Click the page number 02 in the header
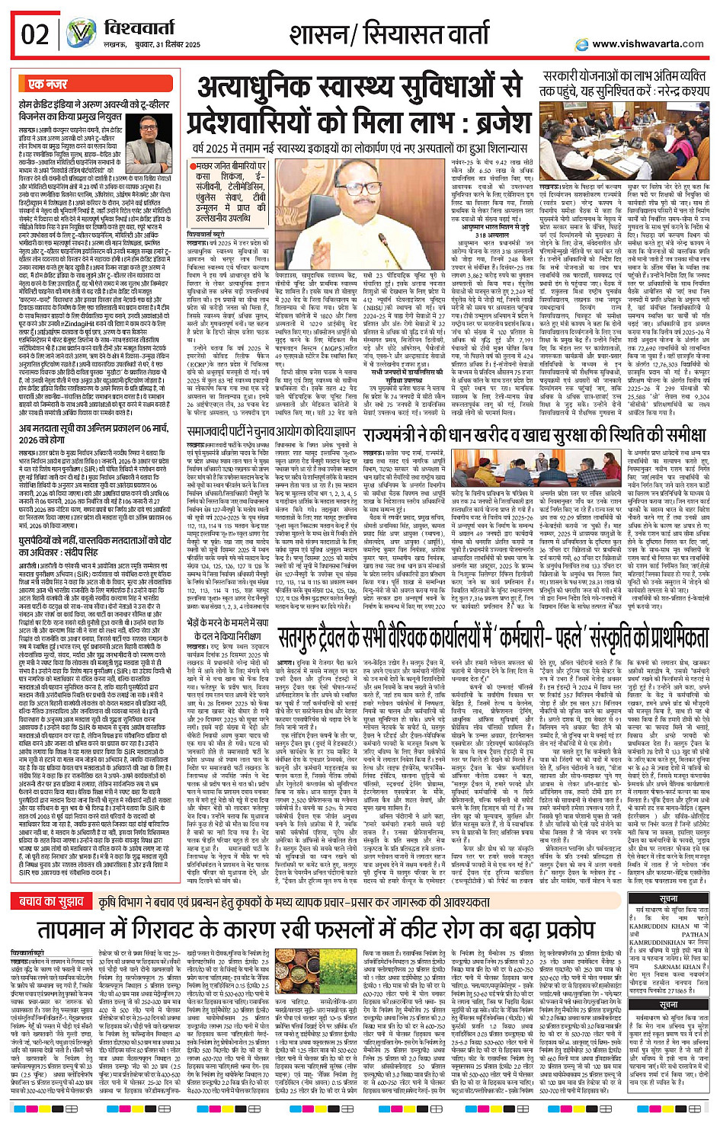tap(35, 34)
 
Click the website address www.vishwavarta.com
tap(648, 44)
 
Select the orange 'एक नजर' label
tap(47, 85)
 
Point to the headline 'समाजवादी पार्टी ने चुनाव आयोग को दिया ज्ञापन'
tap(271, 432)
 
